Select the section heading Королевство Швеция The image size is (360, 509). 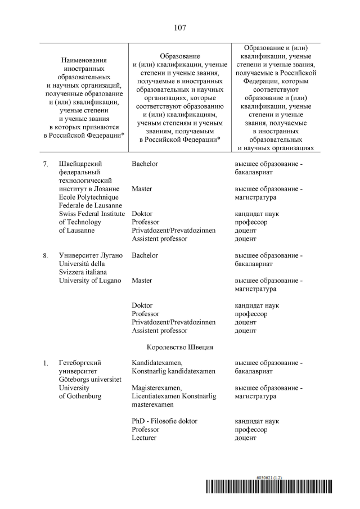180,347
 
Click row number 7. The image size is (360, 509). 46,164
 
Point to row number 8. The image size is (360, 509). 46,256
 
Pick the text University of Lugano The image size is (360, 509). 90,281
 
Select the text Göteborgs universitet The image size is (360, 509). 90,380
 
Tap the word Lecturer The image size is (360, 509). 144,438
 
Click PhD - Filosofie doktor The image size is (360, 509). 164,421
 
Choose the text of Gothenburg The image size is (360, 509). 80,397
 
